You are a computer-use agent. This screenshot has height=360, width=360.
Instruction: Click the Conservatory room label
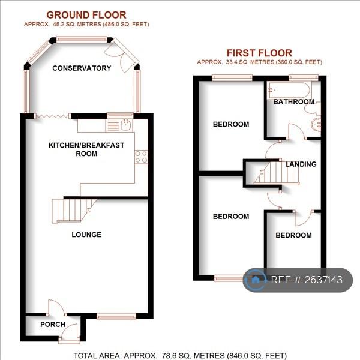point(82,68)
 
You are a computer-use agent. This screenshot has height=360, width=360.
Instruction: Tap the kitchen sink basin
point(126,125)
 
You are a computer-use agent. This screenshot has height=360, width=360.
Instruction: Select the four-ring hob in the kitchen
point(141,157)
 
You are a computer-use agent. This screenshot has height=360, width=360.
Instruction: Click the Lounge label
point(86,235)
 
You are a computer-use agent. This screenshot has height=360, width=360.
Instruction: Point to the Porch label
point(53,325)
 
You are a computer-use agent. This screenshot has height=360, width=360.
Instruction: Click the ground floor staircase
point(73,211)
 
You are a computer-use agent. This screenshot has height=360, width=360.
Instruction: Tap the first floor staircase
point(277,173)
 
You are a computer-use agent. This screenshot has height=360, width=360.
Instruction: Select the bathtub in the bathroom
point(289,91)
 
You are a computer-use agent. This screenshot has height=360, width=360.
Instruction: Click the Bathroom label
point(293,102)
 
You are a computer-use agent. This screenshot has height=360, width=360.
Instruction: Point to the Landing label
point(301,164)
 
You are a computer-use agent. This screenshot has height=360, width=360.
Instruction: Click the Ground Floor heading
point(86,15)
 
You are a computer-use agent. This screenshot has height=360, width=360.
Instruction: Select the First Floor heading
point(259,53)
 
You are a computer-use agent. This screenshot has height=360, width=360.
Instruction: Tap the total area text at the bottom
point(180,356)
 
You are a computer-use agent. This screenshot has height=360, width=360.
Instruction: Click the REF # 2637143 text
point(307,280)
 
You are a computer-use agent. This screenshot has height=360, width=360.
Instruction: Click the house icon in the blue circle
point(256,280)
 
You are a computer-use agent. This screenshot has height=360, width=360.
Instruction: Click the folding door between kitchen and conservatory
point(53,116)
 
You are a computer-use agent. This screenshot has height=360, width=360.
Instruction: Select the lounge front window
point(116,317)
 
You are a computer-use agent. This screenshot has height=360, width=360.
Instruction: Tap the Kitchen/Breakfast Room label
point(86,149)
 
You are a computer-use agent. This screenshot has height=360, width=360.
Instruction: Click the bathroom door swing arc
point(297,131)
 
